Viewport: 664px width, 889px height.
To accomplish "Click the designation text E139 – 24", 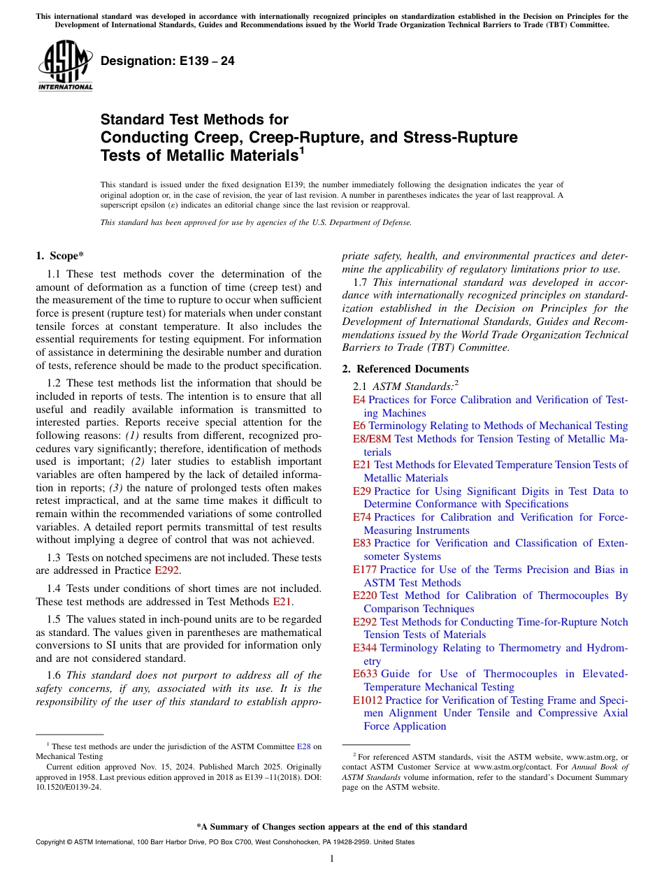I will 167,61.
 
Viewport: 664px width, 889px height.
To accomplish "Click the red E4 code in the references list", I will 359,400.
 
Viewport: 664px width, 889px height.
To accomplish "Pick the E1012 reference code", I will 368,700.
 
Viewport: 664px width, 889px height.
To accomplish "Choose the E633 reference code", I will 365,674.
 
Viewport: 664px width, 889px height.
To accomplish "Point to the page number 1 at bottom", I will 332,858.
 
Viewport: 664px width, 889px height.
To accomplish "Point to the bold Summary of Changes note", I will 332,827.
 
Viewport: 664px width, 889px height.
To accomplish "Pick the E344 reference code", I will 365,648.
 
